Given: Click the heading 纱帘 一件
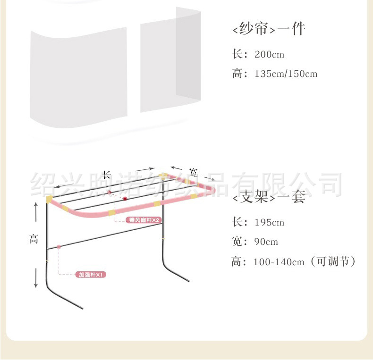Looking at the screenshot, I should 269,29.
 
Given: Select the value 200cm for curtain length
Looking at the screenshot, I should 269,54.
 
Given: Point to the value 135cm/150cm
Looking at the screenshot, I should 286,74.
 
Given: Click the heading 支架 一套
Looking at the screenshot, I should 269,197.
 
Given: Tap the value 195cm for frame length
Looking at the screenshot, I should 269,222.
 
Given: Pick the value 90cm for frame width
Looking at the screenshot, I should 266,242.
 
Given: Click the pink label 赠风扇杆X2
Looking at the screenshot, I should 144,220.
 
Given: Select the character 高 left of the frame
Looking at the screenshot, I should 33,239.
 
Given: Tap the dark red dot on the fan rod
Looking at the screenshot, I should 125,199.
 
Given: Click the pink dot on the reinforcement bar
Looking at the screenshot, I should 59,247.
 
